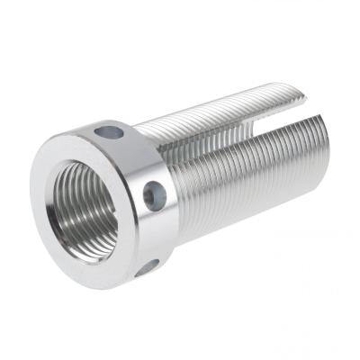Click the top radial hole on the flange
point(111,133)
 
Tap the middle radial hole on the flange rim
point(155,193)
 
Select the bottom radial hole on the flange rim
point(147,267)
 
